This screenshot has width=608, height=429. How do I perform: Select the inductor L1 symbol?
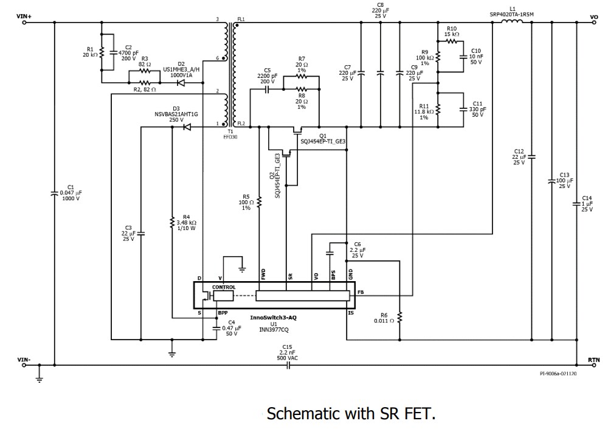coord(511,23)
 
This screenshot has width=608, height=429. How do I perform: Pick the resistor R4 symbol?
coord(172,223)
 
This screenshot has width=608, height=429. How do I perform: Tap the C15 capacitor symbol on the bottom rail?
coord(288,365)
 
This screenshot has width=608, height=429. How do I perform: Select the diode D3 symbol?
coord(187,127)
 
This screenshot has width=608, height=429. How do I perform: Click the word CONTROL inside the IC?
coord(223,287)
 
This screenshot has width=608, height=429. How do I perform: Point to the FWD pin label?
coord(263,274)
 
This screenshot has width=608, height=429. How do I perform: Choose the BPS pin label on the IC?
coord(333,275)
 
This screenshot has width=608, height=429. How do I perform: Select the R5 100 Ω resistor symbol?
coord(260,202)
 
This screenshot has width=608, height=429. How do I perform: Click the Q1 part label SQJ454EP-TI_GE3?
coord(323,141)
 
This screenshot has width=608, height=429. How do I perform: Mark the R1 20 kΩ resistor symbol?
coord(102,52)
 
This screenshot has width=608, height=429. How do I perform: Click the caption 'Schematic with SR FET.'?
coord(351,414)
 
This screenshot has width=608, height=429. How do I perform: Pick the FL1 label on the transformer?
coord(241,19)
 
